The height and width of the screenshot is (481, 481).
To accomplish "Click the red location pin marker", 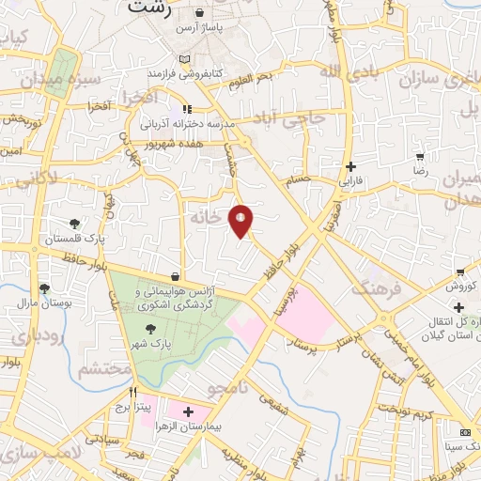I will [241, 221].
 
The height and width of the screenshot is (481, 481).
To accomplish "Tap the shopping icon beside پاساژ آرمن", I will [201, 14].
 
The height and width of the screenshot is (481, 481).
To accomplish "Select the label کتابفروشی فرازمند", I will [188, 72].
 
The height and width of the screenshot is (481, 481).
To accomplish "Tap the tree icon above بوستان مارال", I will [44, 288].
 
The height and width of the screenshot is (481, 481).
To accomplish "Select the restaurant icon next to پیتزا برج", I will [133, 392].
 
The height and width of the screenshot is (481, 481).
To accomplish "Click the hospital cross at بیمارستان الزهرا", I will [188, 411].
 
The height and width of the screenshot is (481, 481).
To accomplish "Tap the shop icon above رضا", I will [420, 158].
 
